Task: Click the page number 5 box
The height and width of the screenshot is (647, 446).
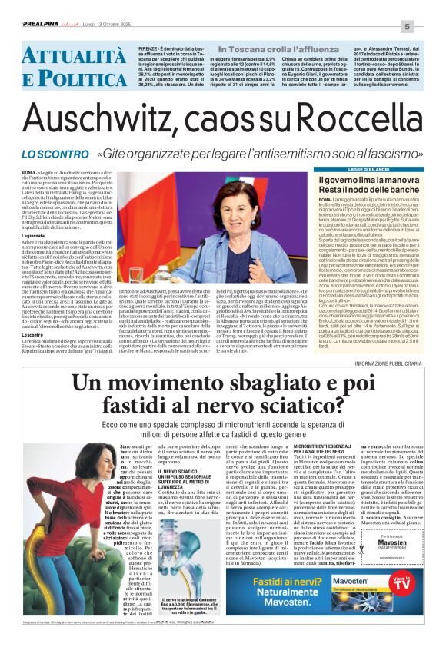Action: point(428,25)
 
